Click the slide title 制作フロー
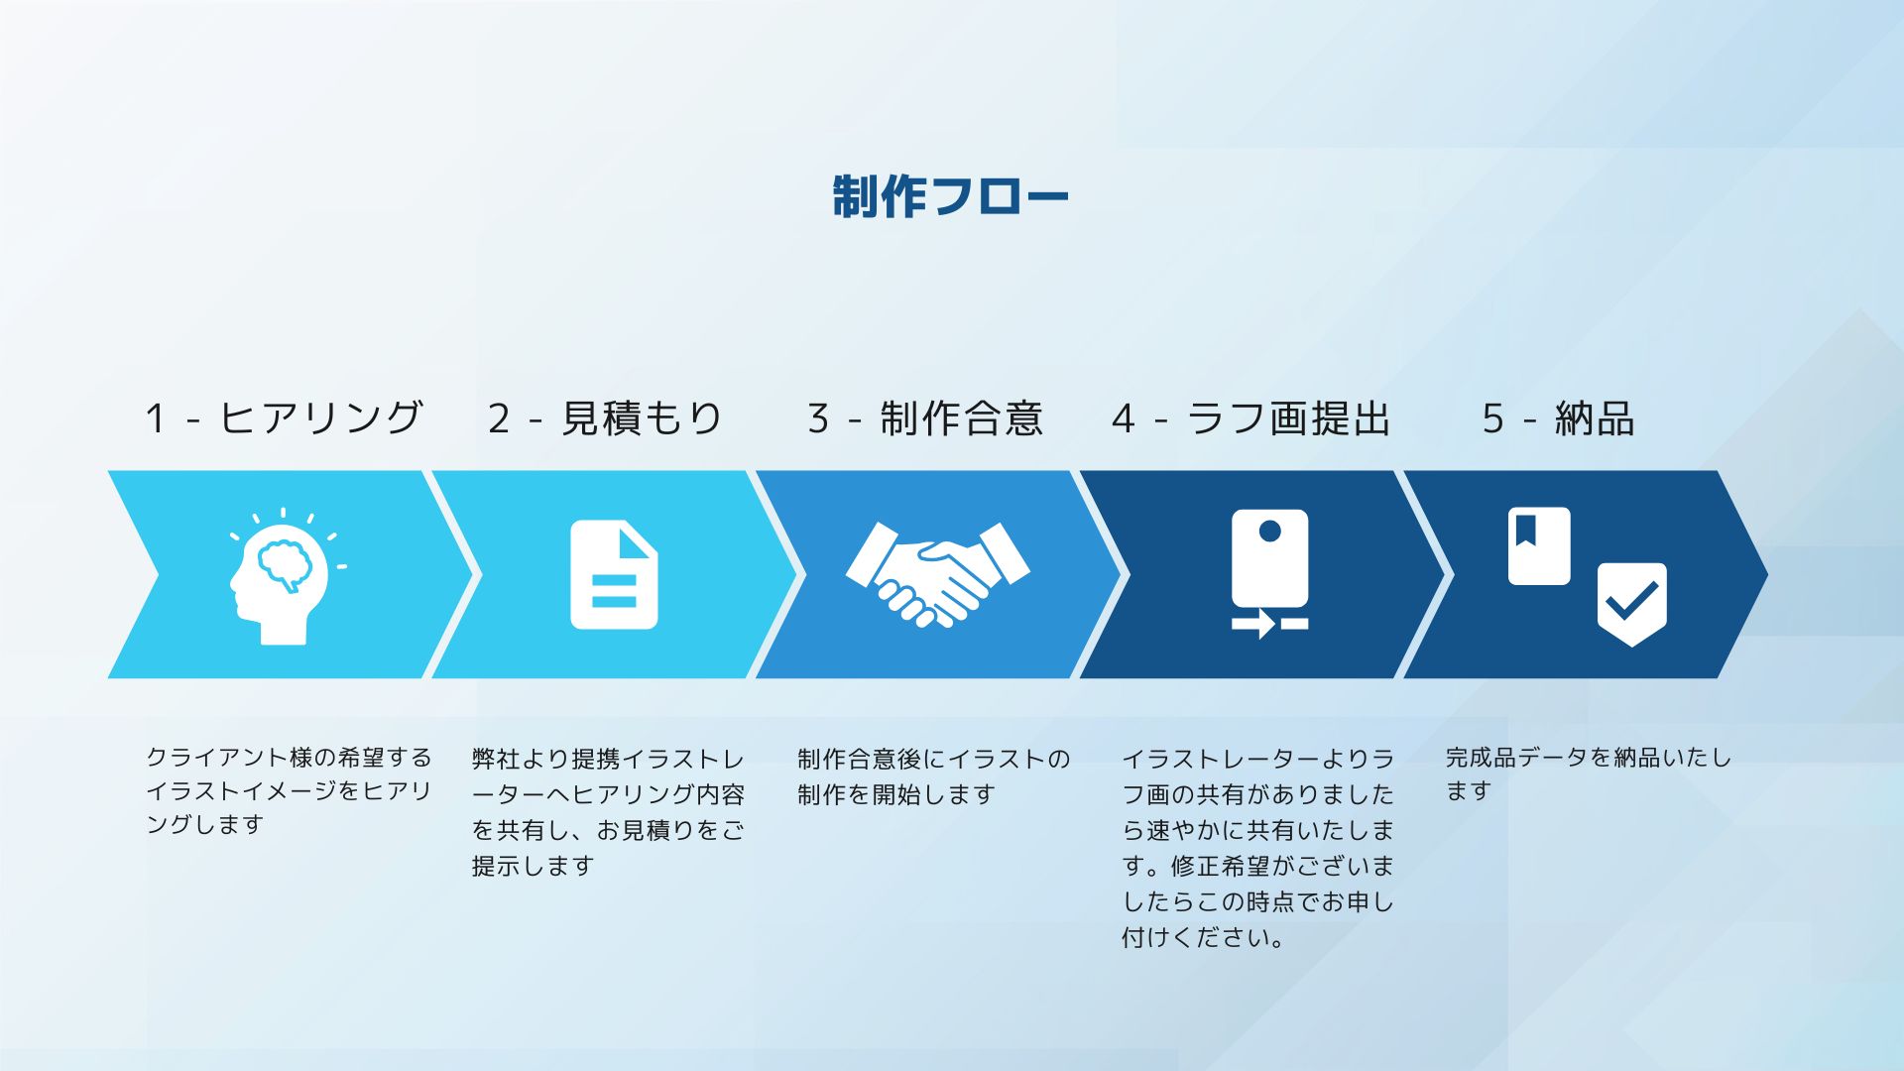950,196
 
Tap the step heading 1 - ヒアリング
285,417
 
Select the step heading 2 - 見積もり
606,417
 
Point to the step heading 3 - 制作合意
925,417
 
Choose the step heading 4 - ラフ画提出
1251,417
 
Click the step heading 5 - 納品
1558,417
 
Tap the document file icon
614,574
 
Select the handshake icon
937,574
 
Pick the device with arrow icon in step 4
1269,573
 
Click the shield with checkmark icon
1631,604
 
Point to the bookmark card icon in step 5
1539,545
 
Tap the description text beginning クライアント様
289,790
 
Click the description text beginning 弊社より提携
608,812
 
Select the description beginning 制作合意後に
933,776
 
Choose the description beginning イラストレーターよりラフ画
1257,848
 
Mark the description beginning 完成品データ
1588,773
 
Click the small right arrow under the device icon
1254,624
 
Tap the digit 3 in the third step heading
817,418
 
